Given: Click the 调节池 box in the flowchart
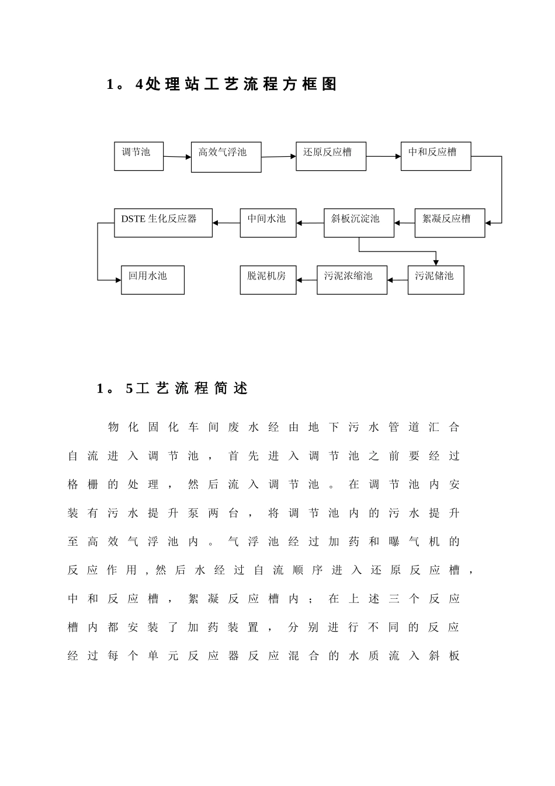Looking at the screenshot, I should coord(138,156).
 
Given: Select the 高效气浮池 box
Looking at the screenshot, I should coord(226,157).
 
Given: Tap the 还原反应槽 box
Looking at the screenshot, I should coord(331,156).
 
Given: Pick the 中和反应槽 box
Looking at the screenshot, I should coord(436,156).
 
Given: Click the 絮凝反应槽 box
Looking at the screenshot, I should coord(450,223).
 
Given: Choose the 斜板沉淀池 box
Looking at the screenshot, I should coord(359,223).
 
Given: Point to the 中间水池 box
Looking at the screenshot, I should coord(268,223).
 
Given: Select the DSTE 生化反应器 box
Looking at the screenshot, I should coord(163,223).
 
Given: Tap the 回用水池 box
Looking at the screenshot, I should coord(152,280).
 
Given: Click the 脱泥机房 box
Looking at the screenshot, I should coord(268,280).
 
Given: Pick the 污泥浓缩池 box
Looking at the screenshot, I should coord(352,280).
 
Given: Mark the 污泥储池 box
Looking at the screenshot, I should coord(436,280).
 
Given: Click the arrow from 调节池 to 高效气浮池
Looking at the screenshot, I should coord(177,157).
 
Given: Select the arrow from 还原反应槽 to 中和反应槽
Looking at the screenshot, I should coord(383,156).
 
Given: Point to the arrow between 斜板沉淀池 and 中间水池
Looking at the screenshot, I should coord(310,223).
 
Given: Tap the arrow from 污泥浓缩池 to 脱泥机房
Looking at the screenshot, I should coord(307,280).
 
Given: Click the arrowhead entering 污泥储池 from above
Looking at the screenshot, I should coord(436,262).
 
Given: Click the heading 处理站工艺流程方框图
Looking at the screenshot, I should coord(222,85).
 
